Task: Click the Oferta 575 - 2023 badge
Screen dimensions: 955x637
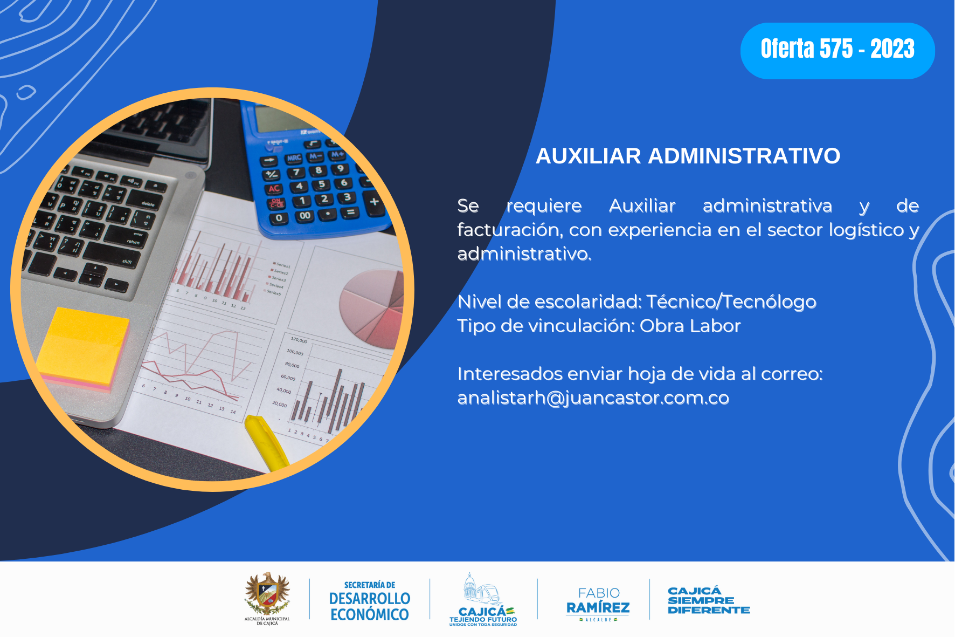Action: coord(838,51)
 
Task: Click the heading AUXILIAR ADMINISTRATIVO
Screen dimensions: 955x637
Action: coord(688,156)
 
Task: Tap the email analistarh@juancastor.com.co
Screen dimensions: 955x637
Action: coord(593,398)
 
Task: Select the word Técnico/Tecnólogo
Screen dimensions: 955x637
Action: coord(731,302)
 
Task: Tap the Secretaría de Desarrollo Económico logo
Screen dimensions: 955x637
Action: coord(370,601)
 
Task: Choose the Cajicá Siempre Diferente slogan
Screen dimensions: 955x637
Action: coord(709,600)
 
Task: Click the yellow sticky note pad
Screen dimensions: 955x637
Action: coord(84,348)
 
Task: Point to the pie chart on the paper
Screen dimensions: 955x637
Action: coord(372,309)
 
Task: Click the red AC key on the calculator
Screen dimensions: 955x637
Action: coord(274,189)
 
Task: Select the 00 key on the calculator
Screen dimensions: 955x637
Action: coord(305,216)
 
